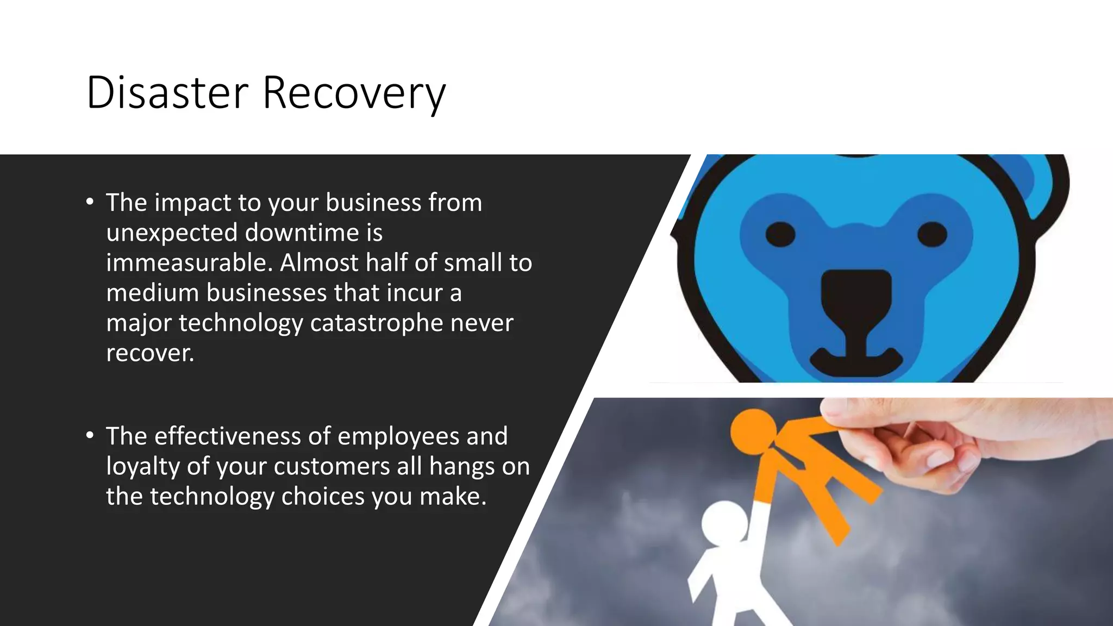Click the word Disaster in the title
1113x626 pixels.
pyautogui.click(x=167, y=92)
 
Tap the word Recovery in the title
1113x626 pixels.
pyautogui.click(x=354, y=93)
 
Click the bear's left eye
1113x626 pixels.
pyautogui.click(x=780, y=234)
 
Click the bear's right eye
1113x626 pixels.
pyautogui.click(x=932, y=234)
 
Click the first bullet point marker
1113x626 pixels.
pyautogui.click(x=90, y=202)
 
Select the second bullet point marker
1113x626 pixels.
pyautogui.click(x=90, y=436)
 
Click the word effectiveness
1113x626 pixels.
pyautogui.click(x=227, y=436)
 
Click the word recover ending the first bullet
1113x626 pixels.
pyautogui.click(x=149, y=353)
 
